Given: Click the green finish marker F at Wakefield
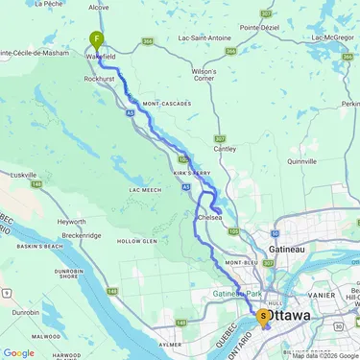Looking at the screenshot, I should pyautogui.click(x=96, y=40).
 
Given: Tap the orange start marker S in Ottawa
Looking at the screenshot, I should pyautogui.click(x=264, y=316).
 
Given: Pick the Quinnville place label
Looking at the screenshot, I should pyautogui.click(x=300, y=161).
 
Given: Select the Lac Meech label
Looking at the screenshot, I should pyautogui.click(x=145, y=191).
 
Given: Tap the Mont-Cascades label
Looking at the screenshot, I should pyautogui.click(x=162, y=103).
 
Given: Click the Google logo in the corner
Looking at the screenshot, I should pyautogui.click(x=18, y=352).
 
